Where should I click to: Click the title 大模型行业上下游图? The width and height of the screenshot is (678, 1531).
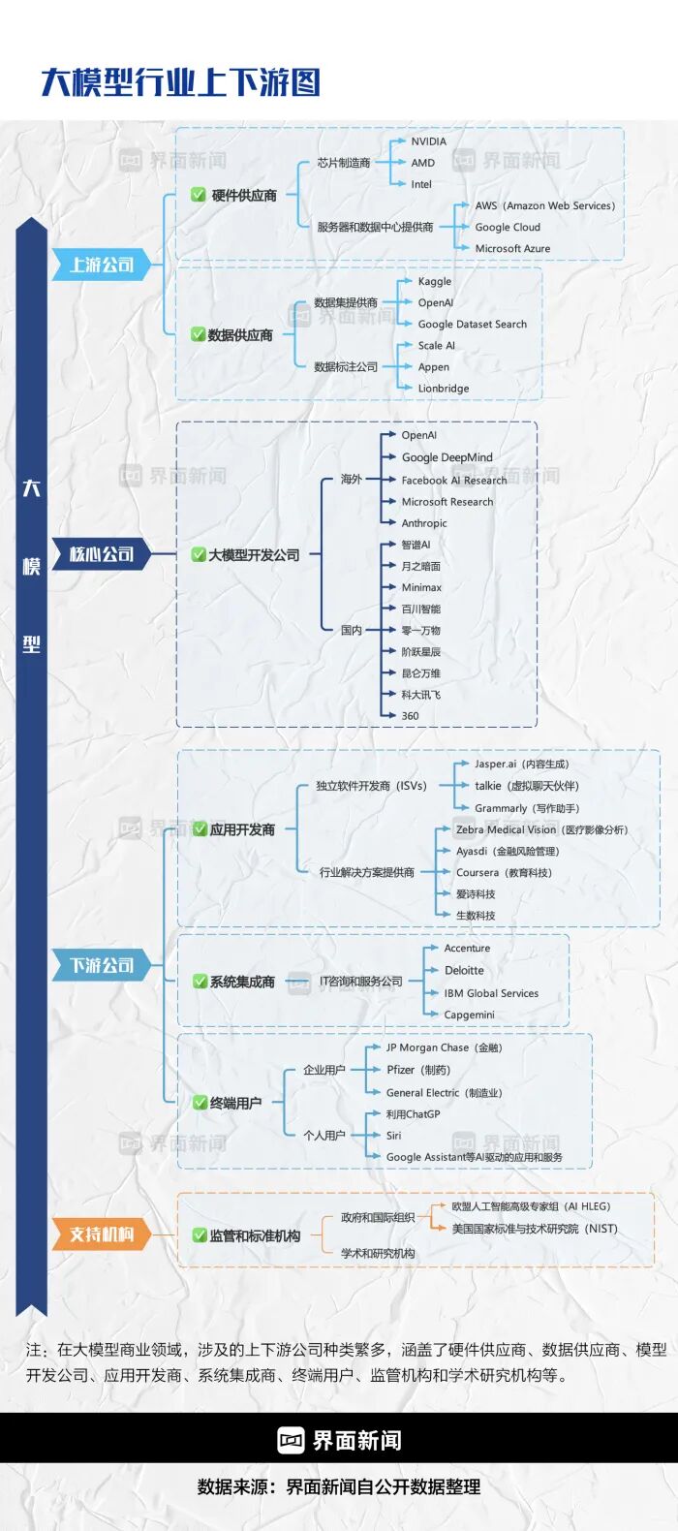pos(180,82)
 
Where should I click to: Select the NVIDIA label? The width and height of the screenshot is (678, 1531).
pos(428,141)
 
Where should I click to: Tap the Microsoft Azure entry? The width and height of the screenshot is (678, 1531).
pos(512,249)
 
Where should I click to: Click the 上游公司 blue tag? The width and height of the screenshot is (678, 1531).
pos(102,265)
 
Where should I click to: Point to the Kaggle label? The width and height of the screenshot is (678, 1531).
pos(435,282)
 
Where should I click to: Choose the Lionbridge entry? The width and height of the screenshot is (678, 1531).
pos(444,389)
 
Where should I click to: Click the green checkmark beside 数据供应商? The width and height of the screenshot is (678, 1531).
pos(199,335)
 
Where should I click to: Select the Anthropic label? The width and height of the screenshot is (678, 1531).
pos(424,523)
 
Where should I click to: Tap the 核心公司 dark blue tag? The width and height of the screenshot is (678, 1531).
pos(102,553)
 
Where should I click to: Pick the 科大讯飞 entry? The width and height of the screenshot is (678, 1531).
pos(421,695)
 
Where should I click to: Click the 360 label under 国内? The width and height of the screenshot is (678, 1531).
pos(410,716)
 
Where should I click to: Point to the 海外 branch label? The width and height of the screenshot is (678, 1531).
pos(352,479)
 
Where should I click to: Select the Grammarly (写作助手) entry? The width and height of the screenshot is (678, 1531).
pos(527,808)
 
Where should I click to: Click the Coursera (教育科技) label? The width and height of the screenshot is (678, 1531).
pos(504,873)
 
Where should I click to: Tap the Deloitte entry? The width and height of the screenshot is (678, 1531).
pos(464,971)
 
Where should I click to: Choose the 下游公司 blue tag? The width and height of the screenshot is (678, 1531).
pos(102,965)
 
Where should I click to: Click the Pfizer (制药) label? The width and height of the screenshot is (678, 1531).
pos(418,1070)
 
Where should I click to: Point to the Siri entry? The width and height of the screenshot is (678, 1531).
pos(393,1136)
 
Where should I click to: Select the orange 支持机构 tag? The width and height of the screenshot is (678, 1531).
pos(102,1234)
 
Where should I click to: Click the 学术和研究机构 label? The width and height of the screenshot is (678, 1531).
pos(378,1253)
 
